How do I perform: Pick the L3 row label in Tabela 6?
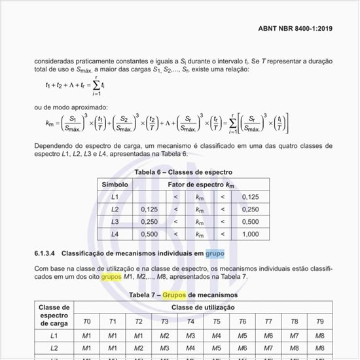tap(115, 222)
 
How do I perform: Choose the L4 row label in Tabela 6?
tap(115, 234)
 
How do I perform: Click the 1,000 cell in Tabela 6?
tap(251, 234)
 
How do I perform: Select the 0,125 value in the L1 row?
tap(251, 197)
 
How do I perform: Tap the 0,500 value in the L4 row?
tap(150, 234)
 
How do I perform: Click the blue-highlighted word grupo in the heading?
tap(215, 253)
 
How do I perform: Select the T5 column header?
tap(216, 321)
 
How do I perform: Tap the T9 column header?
tap(319, 321)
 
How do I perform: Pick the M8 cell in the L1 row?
tap(319, 335)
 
